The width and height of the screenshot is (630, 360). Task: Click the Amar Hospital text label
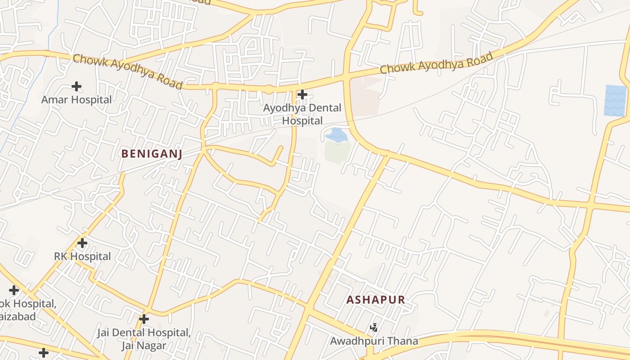(x=76, y=99)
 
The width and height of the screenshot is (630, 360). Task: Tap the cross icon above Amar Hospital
(x=76, y=86)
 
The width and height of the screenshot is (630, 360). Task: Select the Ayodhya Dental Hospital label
(x=302, y=114)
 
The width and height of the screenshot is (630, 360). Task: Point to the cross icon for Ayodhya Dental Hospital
(x=302, y=94)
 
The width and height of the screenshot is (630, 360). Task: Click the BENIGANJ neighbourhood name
(x=152, y=154)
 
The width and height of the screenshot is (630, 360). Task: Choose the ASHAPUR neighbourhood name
(x=375, y=300)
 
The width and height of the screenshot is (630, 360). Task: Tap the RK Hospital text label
(x=82, y=256)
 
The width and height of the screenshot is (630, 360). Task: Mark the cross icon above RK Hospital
(x=82, y=243)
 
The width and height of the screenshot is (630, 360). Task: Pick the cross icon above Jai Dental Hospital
(x=144, y=319)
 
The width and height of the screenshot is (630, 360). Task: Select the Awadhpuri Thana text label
(x=374, y=341)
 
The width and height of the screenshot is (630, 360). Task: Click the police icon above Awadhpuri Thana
(x=373, y=327)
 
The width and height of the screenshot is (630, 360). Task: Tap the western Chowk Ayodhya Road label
(x=128, y=72)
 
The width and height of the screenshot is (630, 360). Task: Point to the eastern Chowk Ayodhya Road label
(x=436, y=63)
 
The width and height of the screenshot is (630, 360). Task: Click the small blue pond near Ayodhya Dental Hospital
(x=336, y=135)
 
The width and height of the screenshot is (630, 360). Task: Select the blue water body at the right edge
(x=616, y=100)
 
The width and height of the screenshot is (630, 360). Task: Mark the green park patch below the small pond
(x=337, y=152)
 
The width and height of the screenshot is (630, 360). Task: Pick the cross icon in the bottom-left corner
(x=44, y=353)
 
